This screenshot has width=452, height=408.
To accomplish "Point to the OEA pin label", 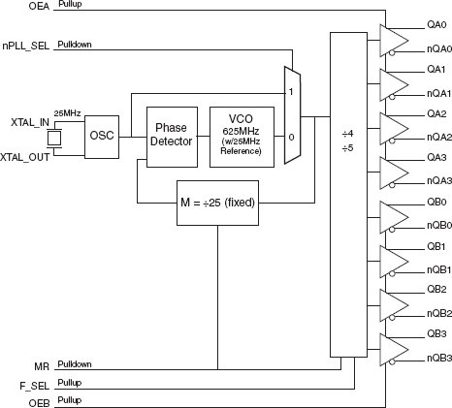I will coord(40,6).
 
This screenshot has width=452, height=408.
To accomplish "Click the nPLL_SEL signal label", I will coord(27,45).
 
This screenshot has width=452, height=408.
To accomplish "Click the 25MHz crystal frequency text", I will coord(68,113).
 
